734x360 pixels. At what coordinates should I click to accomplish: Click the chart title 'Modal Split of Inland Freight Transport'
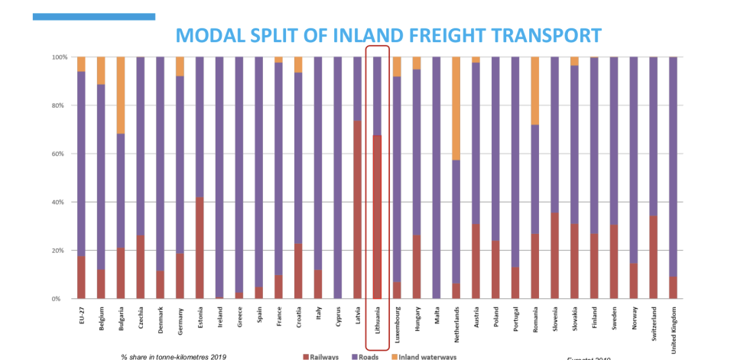(388, 35)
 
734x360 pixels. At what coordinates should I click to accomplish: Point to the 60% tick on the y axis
(59, 154)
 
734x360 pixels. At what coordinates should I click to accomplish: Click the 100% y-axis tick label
(57, 57)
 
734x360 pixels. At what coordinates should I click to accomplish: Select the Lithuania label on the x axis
(377, 319)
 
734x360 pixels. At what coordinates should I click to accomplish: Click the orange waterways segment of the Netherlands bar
(456, 108)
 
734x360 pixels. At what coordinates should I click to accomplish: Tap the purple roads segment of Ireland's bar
(220, 176)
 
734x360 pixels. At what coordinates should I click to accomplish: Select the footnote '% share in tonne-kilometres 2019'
(173, 356)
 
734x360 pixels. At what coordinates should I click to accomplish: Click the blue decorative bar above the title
(93, 16)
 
